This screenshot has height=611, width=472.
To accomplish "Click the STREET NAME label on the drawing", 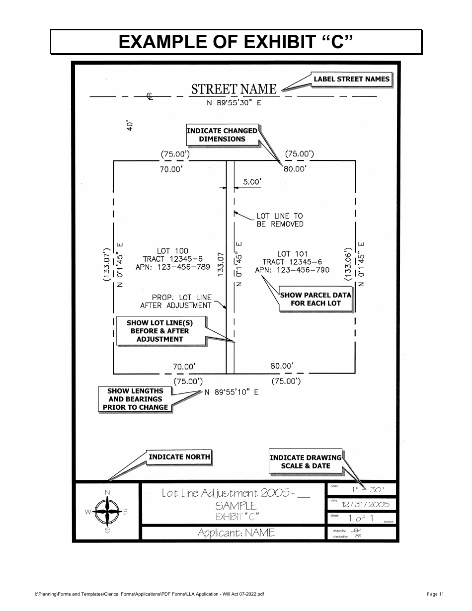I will [234, 89].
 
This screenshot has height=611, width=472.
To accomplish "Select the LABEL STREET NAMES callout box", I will [351, 79].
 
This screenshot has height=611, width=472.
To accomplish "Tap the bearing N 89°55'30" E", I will [234, 103].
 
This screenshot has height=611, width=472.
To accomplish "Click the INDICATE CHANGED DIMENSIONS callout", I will [222, 135].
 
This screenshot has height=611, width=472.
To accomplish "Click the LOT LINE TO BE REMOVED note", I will [279, 220].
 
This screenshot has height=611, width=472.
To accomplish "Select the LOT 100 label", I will [172, 251].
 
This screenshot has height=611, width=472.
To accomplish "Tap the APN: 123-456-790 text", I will [292, 270].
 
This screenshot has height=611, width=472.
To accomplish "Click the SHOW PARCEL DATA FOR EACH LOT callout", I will [315, 299].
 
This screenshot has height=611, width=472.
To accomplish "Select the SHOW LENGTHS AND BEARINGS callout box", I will [135, 399].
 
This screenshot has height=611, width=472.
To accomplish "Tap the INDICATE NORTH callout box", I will [179, 457].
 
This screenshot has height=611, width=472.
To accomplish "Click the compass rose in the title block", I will [107, 512].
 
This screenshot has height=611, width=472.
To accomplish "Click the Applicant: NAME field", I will [236, 533].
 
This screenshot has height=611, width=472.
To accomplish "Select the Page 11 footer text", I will [435, 594].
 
